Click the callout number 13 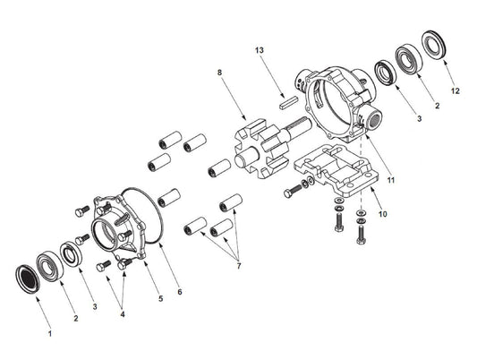(260, 50)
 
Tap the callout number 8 (219, 73)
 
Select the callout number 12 (456, 90)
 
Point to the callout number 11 (390, 180)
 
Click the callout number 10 (383, 214)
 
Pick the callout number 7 (238, 266)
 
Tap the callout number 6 (180, 292)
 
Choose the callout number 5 (160, 299)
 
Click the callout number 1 (50, 333)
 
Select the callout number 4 (123, 314)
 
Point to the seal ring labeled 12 (433, 45)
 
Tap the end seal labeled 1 (28, 279)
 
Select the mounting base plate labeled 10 (336, 170)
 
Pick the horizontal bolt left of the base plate (293, 190)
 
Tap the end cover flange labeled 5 (119, 228)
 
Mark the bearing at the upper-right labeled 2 (409, 59)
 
